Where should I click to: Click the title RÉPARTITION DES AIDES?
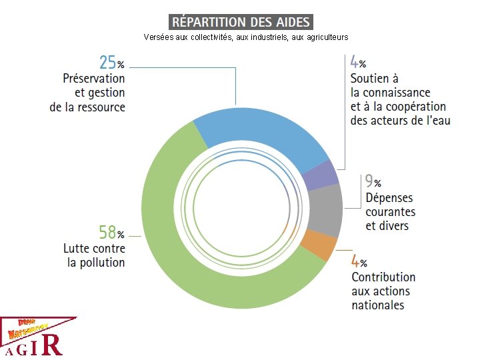point(241,22)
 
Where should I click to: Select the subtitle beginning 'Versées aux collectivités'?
point(245,37)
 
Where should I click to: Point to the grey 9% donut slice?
point(327,209)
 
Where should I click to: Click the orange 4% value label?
point(359,261)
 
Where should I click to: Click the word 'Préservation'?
point(94,79)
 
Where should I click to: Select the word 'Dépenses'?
point(389,198)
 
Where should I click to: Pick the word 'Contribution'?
point(383,277)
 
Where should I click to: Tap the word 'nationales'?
point(378,305)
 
